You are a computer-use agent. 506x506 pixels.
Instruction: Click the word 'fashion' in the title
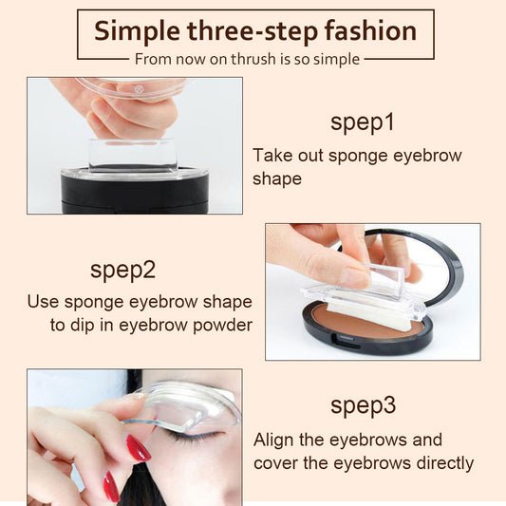371,30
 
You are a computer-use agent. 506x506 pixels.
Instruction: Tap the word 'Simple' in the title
139,30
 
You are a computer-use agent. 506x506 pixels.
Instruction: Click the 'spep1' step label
363,122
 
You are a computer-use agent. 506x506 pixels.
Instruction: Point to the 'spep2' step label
122,269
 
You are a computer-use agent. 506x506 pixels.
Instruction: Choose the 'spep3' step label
363,405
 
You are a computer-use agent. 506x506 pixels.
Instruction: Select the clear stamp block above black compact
133,155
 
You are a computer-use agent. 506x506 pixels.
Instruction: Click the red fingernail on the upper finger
139,447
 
